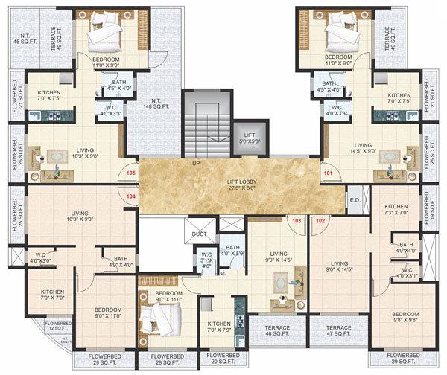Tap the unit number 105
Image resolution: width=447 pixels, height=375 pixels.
coord(131,173)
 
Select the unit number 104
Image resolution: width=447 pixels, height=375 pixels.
coord(131,196)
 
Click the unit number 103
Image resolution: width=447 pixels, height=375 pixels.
coord(297,220)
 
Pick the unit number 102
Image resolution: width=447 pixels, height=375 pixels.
coord(321,220)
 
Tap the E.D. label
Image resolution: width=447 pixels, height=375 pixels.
coord(354,199)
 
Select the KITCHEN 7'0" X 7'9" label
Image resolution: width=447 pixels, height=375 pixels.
coord(218,327)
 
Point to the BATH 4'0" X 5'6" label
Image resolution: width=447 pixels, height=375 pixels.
coord(233,251)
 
